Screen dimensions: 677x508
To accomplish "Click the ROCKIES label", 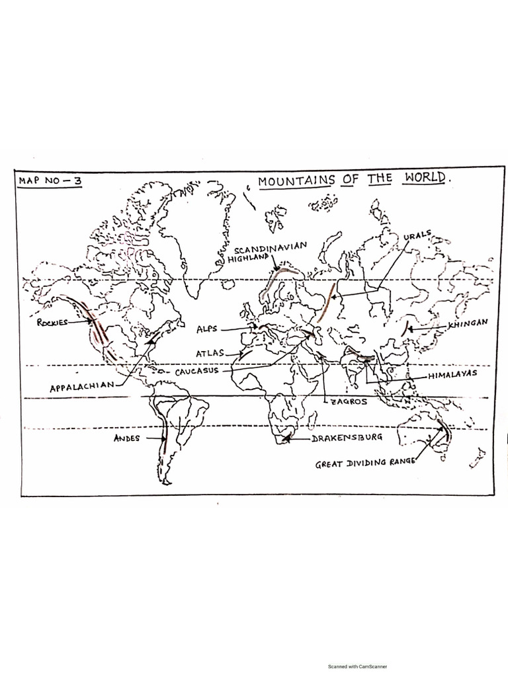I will point(53,323).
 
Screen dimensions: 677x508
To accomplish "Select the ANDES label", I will point(126,438).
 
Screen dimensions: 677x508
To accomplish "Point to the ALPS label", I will point(207,329).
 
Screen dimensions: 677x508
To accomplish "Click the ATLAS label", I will point(210,354).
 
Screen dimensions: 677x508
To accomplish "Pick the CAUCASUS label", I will point(196,372).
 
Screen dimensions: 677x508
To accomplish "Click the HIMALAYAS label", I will point(452,375).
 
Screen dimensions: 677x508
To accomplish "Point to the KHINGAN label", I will point(468,323).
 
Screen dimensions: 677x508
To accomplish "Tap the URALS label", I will point(417,235).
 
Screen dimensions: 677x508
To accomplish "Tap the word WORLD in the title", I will point(430,179).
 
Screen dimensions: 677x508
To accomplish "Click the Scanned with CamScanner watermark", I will point(357,667).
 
